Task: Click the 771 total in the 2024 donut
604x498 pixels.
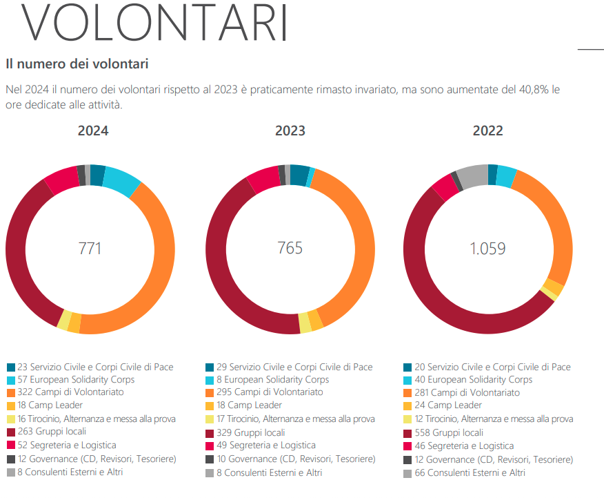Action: pyautogui.click(x=90, y=248)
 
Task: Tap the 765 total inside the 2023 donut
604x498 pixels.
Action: pyautogui.click(x=290, y=248)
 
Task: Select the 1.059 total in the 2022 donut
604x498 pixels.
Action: pyautogui.click(x=487, y=249)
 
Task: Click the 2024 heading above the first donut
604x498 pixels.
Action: pyautogui.click(x=92, y=131)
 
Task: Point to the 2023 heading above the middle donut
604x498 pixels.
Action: pyautogui.click(x=290, y=131)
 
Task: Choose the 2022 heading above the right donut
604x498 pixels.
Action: pyautogui.click(x=487, y=131)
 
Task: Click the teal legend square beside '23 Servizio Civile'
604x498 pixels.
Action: pyautogui.click(x=11, y=367)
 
